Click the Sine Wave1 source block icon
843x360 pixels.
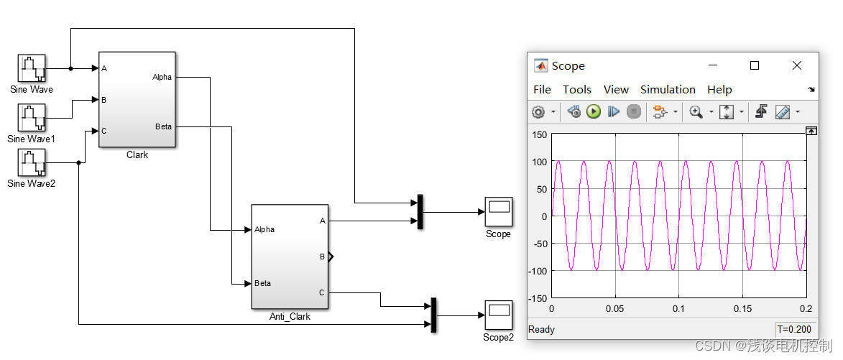[32, 118]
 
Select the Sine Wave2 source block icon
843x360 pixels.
[32, 162]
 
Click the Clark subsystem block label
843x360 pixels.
[137, 154]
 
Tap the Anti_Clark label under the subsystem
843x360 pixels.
[290, 316]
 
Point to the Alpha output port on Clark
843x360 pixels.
[162, 77]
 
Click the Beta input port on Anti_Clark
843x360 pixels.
[262, 283]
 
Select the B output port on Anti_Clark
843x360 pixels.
[323, 256]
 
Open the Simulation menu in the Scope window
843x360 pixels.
[668, 90]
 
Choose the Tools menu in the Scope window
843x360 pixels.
[576, 90]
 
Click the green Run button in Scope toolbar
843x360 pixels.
[593, 111]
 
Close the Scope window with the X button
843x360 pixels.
[796, 65]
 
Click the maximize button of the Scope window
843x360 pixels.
[755, 65]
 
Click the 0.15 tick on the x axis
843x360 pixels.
[742, 308]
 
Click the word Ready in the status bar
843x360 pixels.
[542, 329]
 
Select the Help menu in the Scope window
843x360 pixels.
[719, 90]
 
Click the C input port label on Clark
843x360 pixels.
[104, 131]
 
